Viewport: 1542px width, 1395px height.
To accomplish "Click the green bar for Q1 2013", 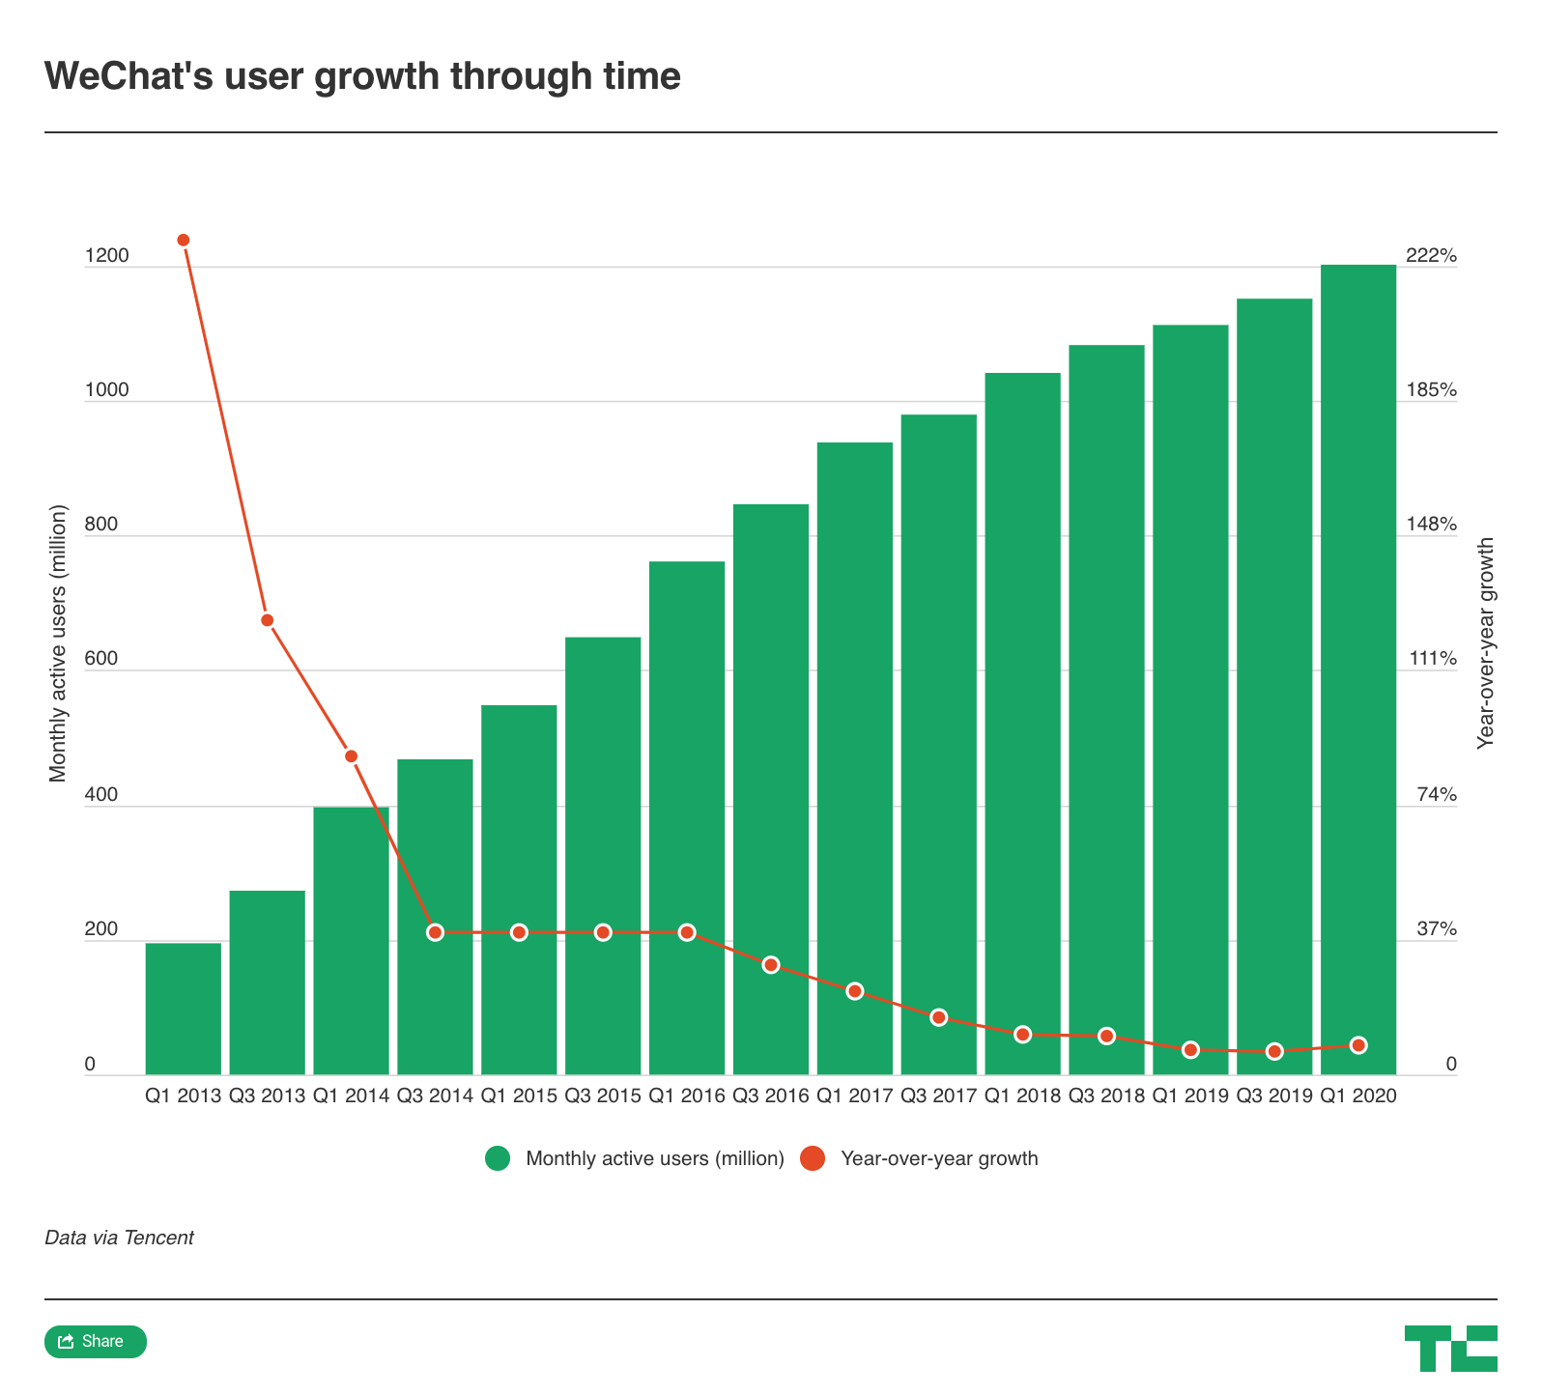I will click(184, 1009).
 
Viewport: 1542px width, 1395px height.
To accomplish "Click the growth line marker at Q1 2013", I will click(184, 240).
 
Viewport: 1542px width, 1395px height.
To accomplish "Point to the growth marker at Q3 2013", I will click(268, 620).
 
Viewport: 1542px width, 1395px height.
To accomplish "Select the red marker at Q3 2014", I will click(435, 932).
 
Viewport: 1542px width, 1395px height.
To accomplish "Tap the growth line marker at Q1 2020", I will click(1357, 1045).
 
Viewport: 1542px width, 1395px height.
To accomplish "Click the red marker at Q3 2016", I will click(770, 965).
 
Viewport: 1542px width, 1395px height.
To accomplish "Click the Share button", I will click(96, 1342).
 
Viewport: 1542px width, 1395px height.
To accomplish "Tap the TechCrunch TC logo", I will click(1450, 1348).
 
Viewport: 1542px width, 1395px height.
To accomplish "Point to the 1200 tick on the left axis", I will click(106, 256).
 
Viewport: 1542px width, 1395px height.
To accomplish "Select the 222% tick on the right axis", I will click(1431, 256).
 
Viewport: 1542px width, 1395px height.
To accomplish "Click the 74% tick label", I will click(1437, 795).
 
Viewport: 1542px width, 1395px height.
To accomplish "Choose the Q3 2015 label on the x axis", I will click(603, 1096).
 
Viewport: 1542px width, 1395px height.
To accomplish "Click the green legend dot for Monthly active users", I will click(498, 1158).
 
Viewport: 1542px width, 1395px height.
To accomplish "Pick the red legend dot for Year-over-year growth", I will click(814, 1158).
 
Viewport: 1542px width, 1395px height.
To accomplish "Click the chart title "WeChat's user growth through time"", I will click(362, 76).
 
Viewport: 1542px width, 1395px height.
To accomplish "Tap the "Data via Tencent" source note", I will click(119, 1238).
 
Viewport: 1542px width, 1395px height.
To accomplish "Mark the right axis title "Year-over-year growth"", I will click(1486, 642).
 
